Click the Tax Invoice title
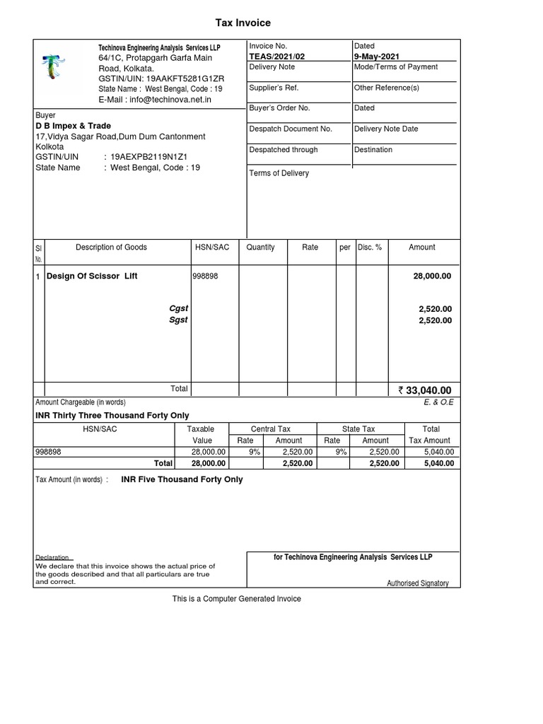pyautogui.click(x=243, y=23)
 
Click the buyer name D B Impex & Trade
pyautogui.click(x=73, y=126)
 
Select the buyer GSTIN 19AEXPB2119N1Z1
pyautogui.click(x=148, y=157)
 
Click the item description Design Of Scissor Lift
pyautogui.click(x=92, y=276)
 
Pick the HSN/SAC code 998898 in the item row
pyautogui.click(x=205, y=276)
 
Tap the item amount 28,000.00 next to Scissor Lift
pyautogui.click(x=432, y=276)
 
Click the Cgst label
pyautogui.click(x=178, y=309)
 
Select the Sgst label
pyautogui.click(x=178, y=320)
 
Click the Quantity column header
pyautogui.click(x=261, y=247)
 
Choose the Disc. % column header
pyautogui.click(x=370, y=247)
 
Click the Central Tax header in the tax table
pyautogui.click(x=271, y=429)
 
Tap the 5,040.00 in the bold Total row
pyautogui.click(x=440, y=463)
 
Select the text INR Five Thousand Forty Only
pyautogui.click(x=182, y=479)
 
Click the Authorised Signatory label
pyautogui.click(x=417, y=583)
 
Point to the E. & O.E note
pyautogui.click(x=438, y=402)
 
